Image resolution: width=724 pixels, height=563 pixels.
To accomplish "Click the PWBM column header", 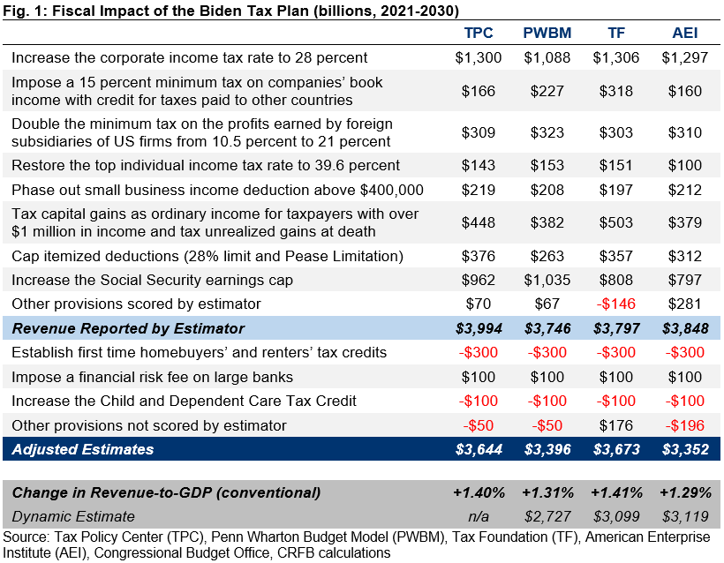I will click(547, 34).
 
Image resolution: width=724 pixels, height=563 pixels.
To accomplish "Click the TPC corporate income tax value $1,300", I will click(479, 58).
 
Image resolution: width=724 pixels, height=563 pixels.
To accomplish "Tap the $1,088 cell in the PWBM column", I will click(547, 58).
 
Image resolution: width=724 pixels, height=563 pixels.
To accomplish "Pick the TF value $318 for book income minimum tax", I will click(615, 91).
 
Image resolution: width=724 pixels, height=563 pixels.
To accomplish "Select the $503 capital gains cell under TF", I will click(615, 222).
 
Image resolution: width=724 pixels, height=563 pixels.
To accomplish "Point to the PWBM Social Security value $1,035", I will click(547, 280).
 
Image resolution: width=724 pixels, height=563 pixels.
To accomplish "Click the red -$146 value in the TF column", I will click(615, 304).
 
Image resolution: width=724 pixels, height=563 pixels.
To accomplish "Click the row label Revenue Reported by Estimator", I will click(128, 328).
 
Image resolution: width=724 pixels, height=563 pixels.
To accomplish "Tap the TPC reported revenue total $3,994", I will click(479, 328).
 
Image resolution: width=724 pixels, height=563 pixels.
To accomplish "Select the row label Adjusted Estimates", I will click(83, 449).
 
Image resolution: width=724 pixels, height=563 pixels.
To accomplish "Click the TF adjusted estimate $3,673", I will click(615, 449).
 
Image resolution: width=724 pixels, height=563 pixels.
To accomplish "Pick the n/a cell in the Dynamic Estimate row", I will click(479, 516).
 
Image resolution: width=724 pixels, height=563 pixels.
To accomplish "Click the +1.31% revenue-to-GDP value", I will click(547, 492).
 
